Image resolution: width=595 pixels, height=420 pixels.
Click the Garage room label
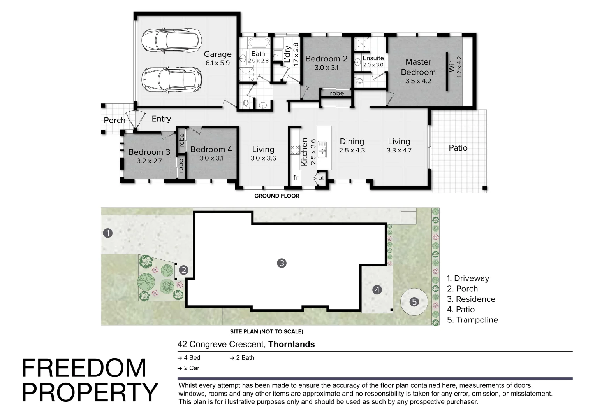pos(218,54)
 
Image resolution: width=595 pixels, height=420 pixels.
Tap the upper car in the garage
pos(171,40)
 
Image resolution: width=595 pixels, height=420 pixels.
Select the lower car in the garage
pos(171,80)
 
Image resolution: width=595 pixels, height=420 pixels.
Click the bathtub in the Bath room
pos(259,43)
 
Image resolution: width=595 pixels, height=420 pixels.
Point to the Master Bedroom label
pos(418,67)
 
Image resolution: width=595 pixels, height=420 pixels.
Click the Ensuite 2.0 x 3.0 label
pos(373,61)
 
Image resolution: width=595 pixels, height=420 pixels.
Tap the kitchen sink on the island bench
pos(322,149)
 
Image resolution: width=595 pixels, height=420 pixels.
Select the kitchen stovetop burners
pos(295,150)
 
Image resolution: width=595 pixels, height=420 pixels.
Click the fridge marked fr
pos(296,177)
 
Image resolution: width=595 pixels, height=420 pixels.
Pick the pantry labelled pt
pos(321,178)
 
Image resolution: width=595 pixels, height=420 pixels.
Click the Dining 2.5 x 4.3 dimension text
pos(352,150)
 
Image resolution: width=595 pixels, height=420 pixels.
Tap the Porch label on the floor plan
pos(114,121)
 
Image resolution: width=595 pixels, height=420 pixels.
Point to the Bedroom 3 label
pos(149,152)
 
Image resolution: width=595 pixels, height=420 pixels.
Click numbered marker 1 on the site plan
pos(107,233)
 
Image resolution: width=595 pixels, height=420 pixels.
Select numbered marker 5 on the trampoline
pos(414,302)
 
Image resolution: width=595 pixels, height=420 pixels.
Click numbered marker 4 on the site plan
pos(377,290)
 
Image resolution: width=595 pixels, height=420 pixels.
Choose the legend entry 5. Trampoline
pos(473,320)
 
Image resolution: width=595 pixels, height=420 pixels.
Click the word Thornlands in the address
pos(291,344)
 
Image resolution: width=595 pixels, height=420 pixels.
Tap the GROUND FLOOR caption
pos(277,196)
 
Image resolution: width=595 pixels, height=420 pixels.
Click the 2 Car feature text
pos(189,368)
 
